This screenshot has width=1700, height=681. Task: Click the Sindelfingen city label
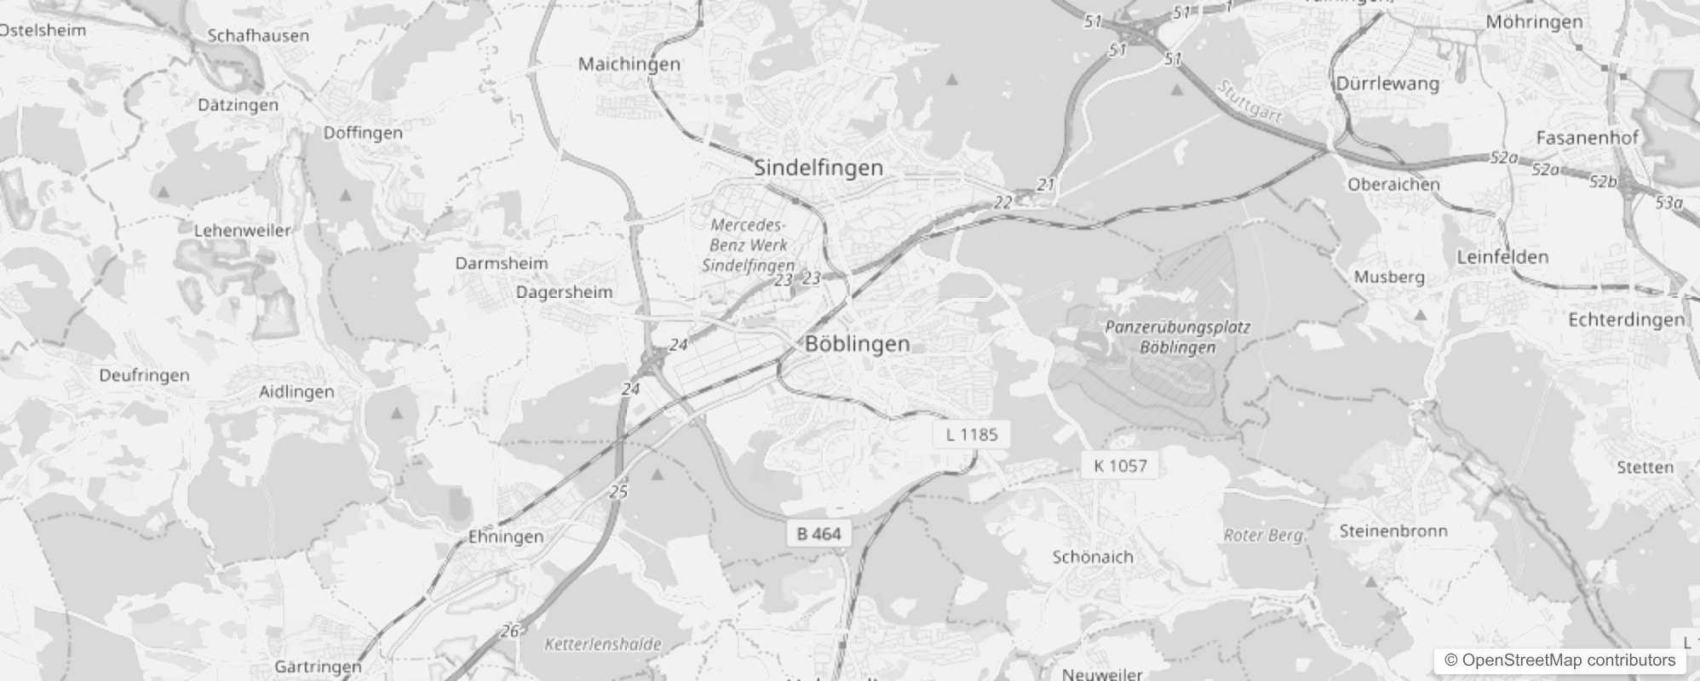pos(818,168)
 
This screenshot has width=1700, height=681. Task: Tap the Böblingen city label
pos(857,344)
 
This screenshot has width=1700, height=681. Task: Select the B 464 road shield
pos(818,534)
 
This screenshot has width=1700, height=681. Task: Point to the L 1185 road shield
pos(972,435)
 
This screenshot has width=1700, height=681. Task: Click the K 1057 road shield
pos(1120,466)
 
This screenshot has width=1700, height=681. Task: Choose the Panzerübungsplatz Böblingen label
pos(1177,337)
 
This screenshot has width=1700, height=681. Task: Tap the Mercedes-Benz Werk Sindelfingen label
pos(748,245)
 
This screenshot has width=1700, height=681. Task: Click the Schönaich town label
pos(1093,558)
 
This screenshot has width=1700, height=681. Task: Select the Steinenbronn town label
pos(1393,531)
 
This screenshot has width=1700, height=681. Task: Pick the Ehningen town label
pos(506,537)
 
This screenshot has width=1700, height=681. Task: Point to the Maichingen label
pos(629,64)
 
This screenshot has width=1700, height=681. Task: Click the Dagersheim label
pos(564,293)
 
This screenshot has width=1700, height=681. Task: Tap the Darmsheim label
pos(502,263)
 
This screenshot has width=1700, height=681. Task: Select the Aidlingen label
pos(296,392)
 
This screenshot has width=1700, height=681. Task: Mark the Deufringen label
pos(144,375)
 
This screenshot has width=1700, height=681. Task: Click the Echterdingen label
pos(1626,320)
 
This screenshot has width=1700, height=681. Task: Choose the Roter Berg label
pos(1263,535)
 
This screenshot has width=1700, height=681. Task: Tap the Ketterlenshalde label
pos(602,644)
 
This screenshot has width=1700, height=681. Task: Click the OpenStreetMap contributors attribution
pos(1559,661)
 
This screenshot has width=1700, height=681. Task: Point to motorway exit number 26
pos(509,631)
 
